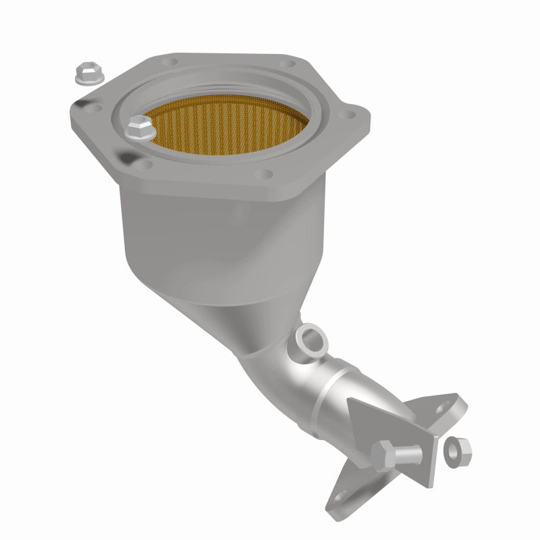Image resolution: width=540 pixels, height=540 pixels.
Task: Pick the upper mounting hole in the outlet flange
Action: pyautogui.click(x=446, y=407)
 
